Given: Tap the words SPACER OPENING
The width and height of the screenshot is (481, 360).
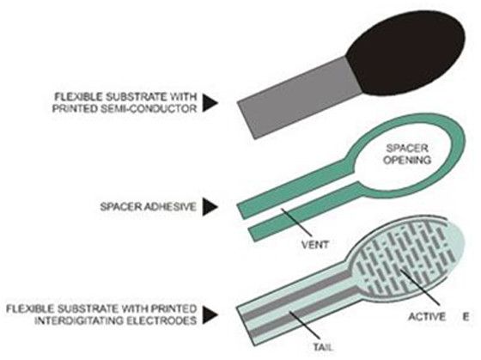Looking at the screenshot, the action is coord(407,154).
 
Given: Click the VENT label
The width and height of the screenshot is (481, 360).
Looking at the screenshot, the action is coord(315,245).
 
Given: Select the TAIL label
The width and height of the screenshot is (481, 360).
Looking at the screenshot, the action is coord(323,347).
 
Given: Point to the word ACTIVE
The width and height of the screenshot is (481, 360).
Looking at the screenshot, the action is coord(427,316).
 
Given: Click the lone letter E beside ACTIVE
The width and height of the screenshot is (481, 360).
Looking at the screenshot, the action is coord(466,317).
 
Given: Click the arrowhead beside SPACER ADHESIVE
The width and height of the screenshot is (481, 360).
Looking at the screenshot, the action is coord(210,206).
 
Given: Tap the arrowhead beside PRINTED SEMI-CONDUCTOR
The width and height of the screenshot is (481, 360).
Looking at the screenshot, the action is coord(210,102).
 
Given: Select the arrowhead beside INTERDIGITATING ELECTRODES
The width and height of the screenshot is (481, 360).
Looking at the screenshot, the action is coord(210,314).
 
